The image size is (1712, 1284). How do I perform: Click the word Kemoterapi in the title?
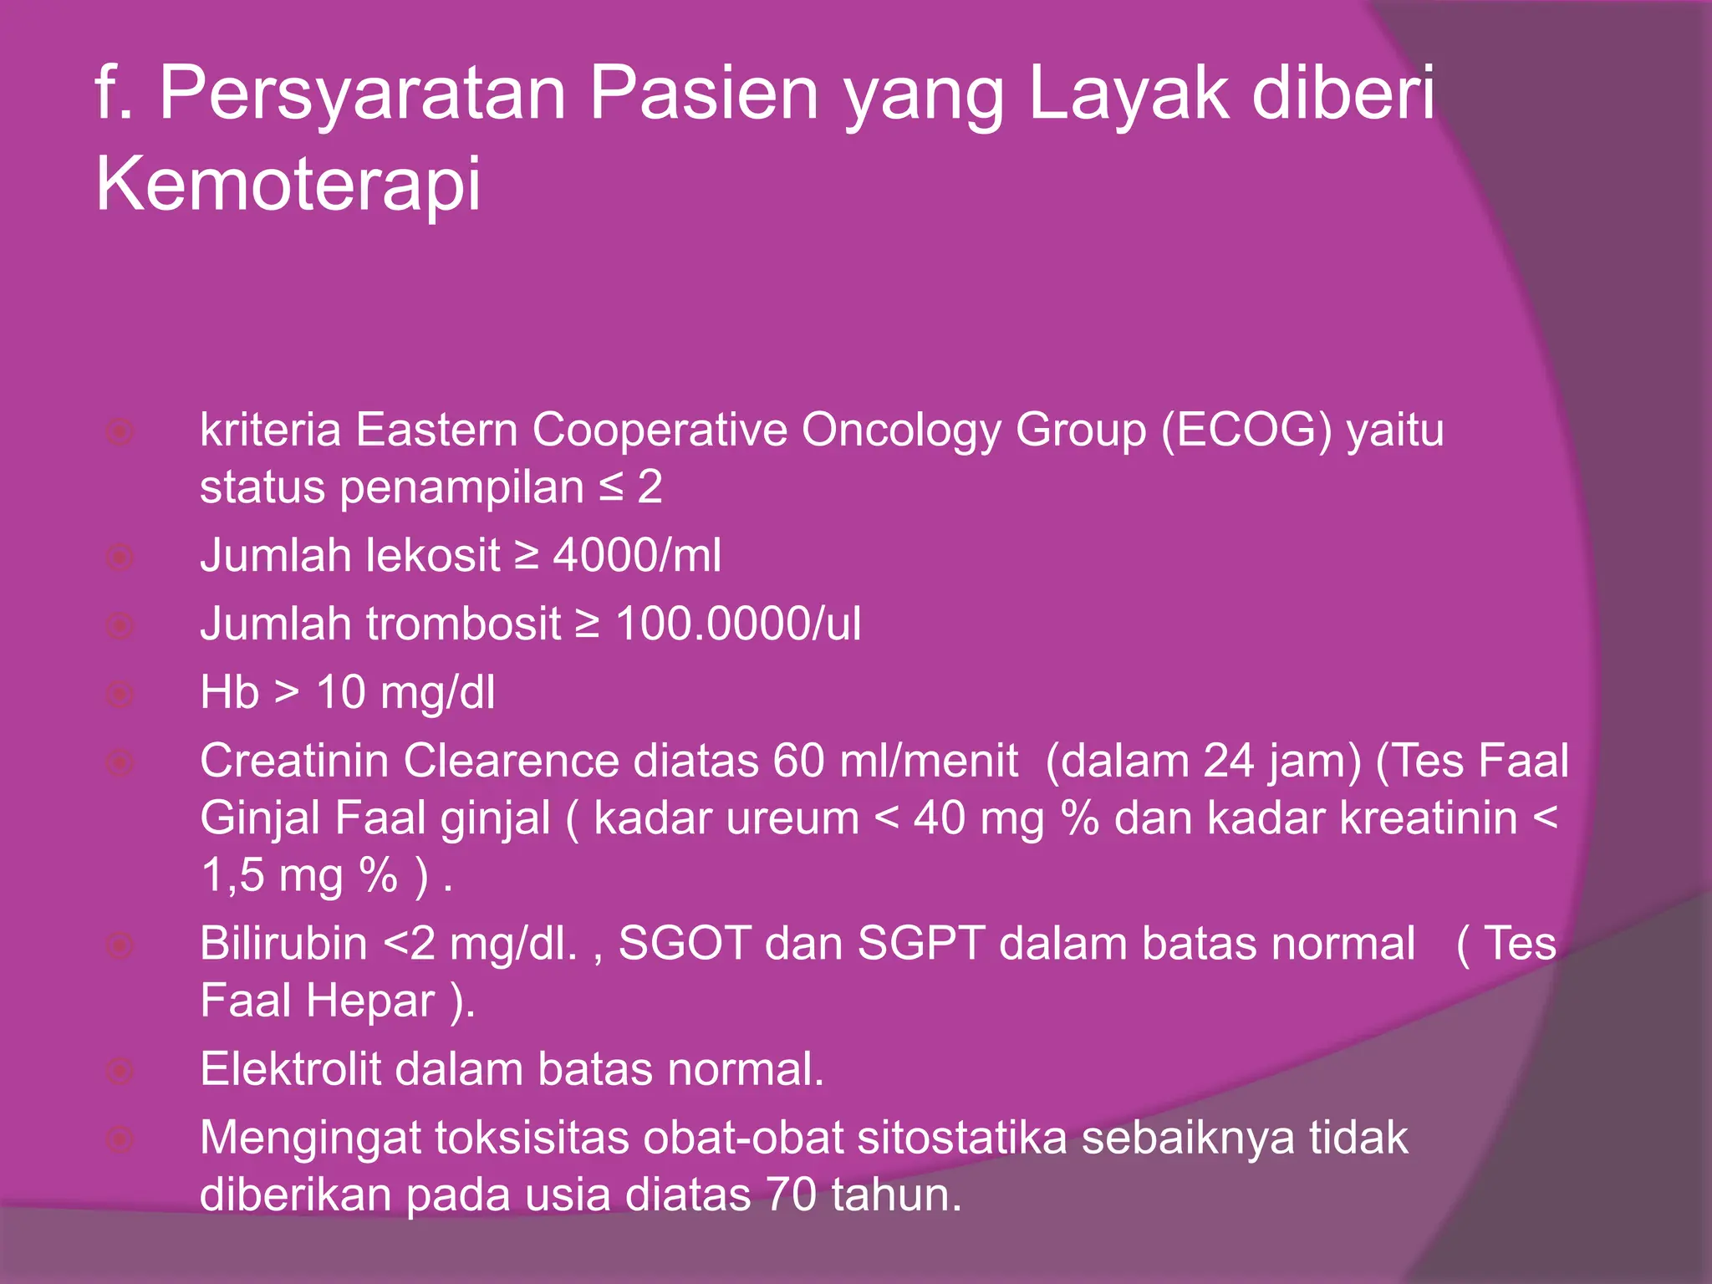pos(288,184)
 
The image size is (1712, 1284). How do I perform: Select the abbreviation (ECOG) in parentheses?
pos(1246,431)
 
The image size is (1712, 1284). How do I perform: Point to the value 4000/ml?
pos(637,556)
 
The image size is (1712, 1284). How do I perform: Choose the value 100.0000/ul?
pos(737,624)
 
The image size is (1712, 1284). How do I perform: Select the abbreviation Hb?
pos(229,693)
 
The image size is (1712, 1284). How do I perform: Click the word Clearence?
pos(511,762)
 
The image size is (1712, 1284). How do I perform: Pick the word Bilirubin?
pos(283,944)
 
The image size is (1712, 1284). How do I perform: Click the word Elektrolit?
pos(290,1069)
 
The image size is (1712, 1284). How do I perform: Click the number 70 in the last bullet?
pos(790,1195)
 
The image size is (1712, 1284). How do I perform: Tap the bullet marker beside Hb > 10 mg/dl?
pos(120,694)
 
